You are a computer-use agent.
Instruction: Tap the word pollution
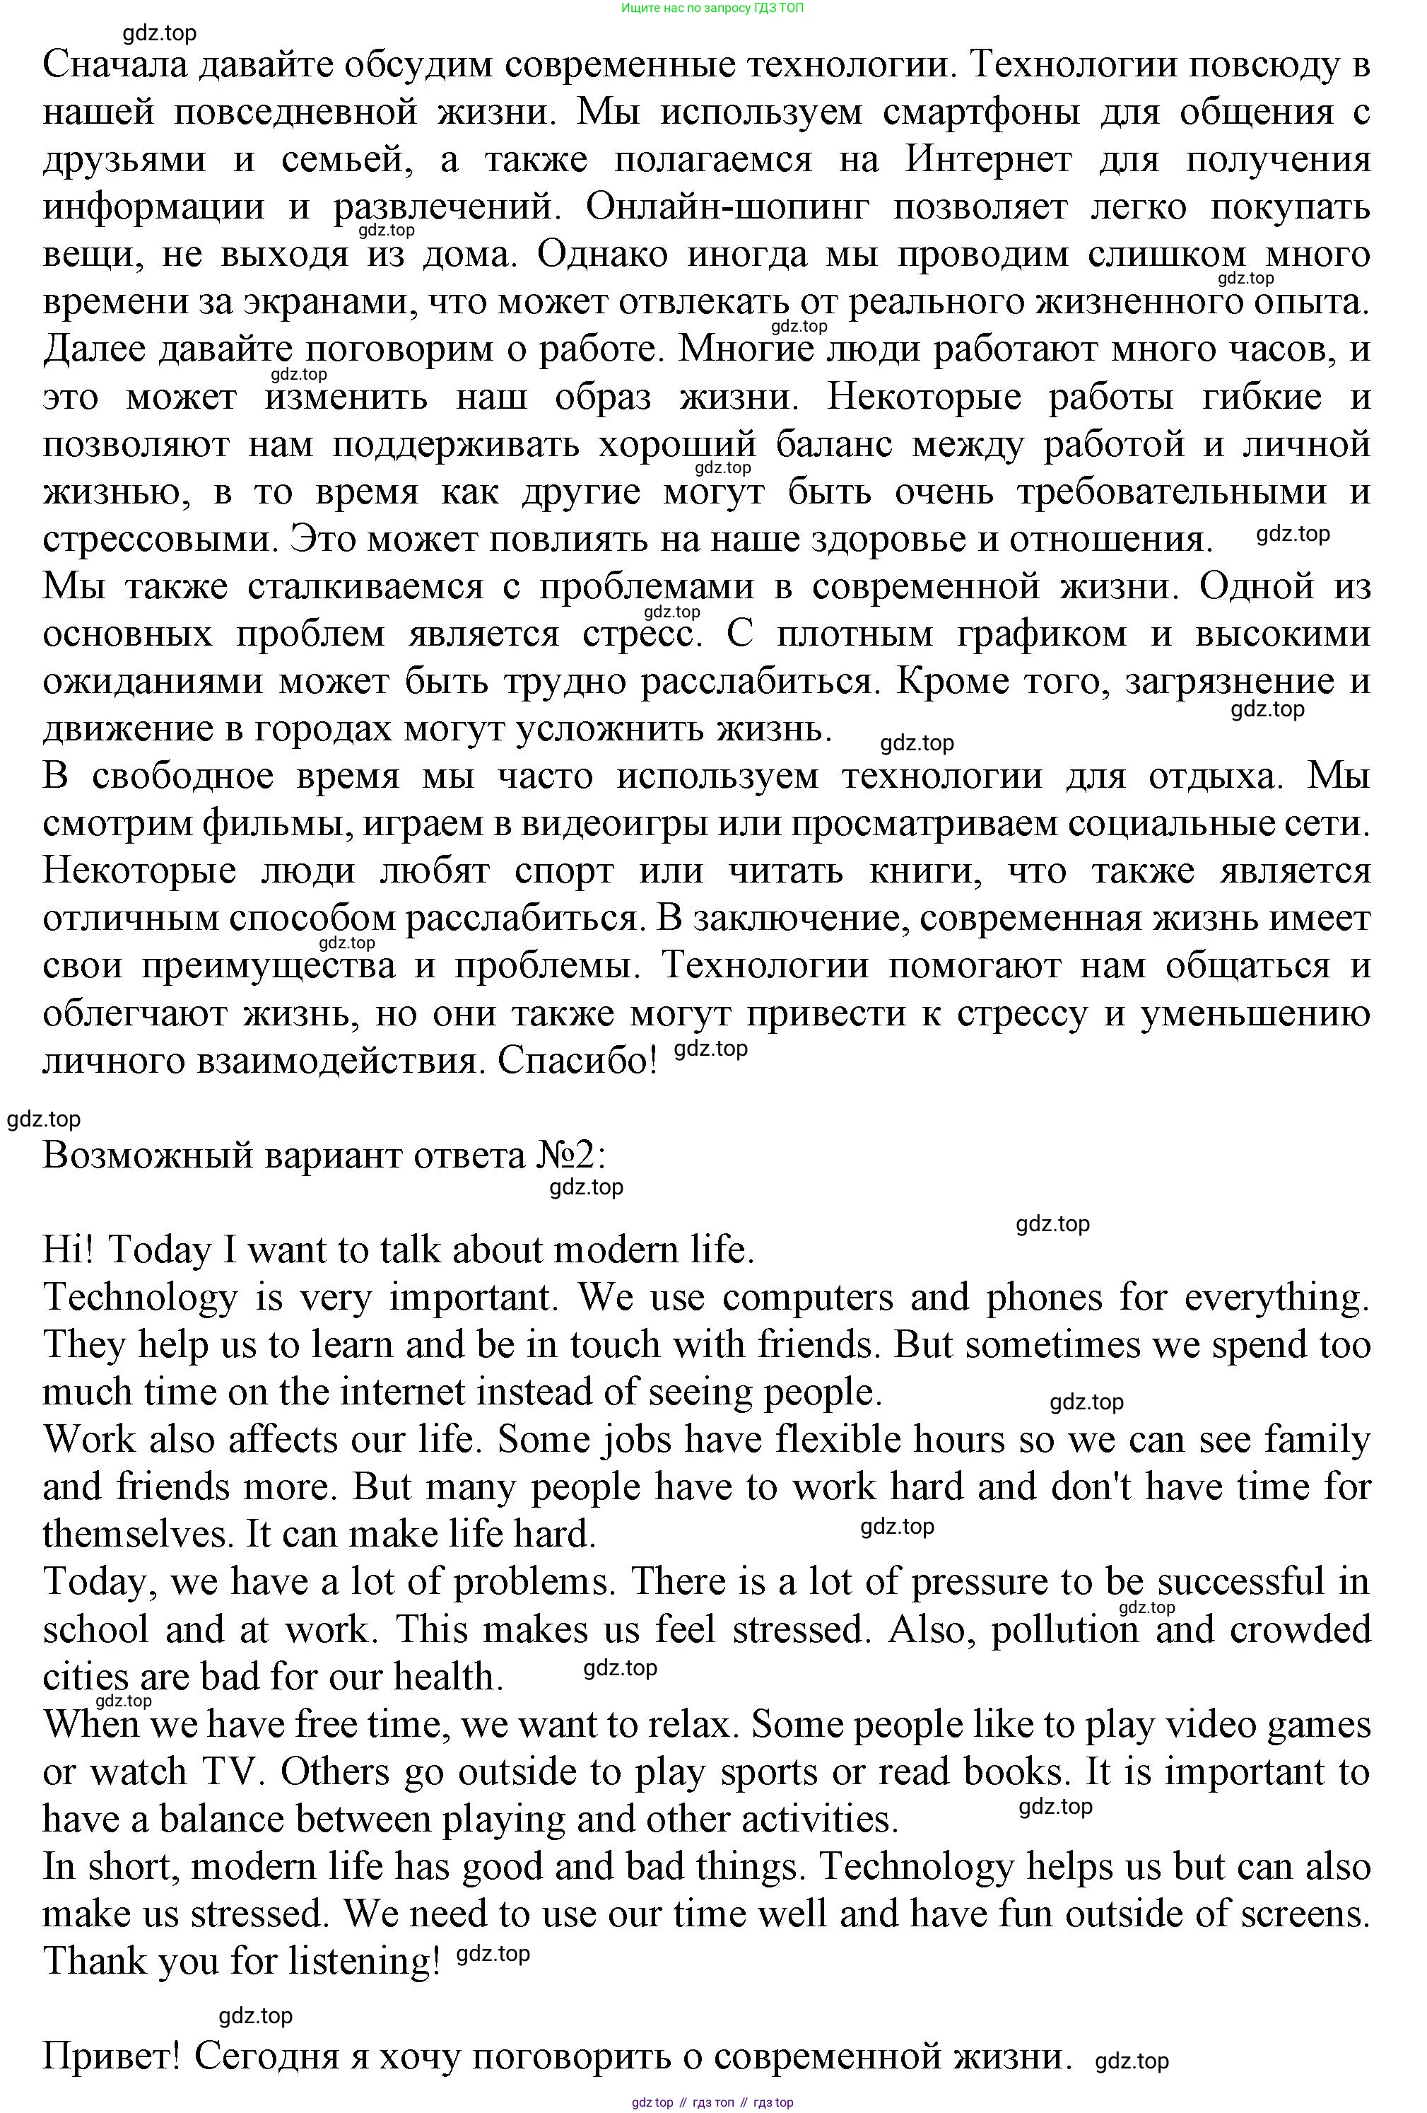[1064, 1629]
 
